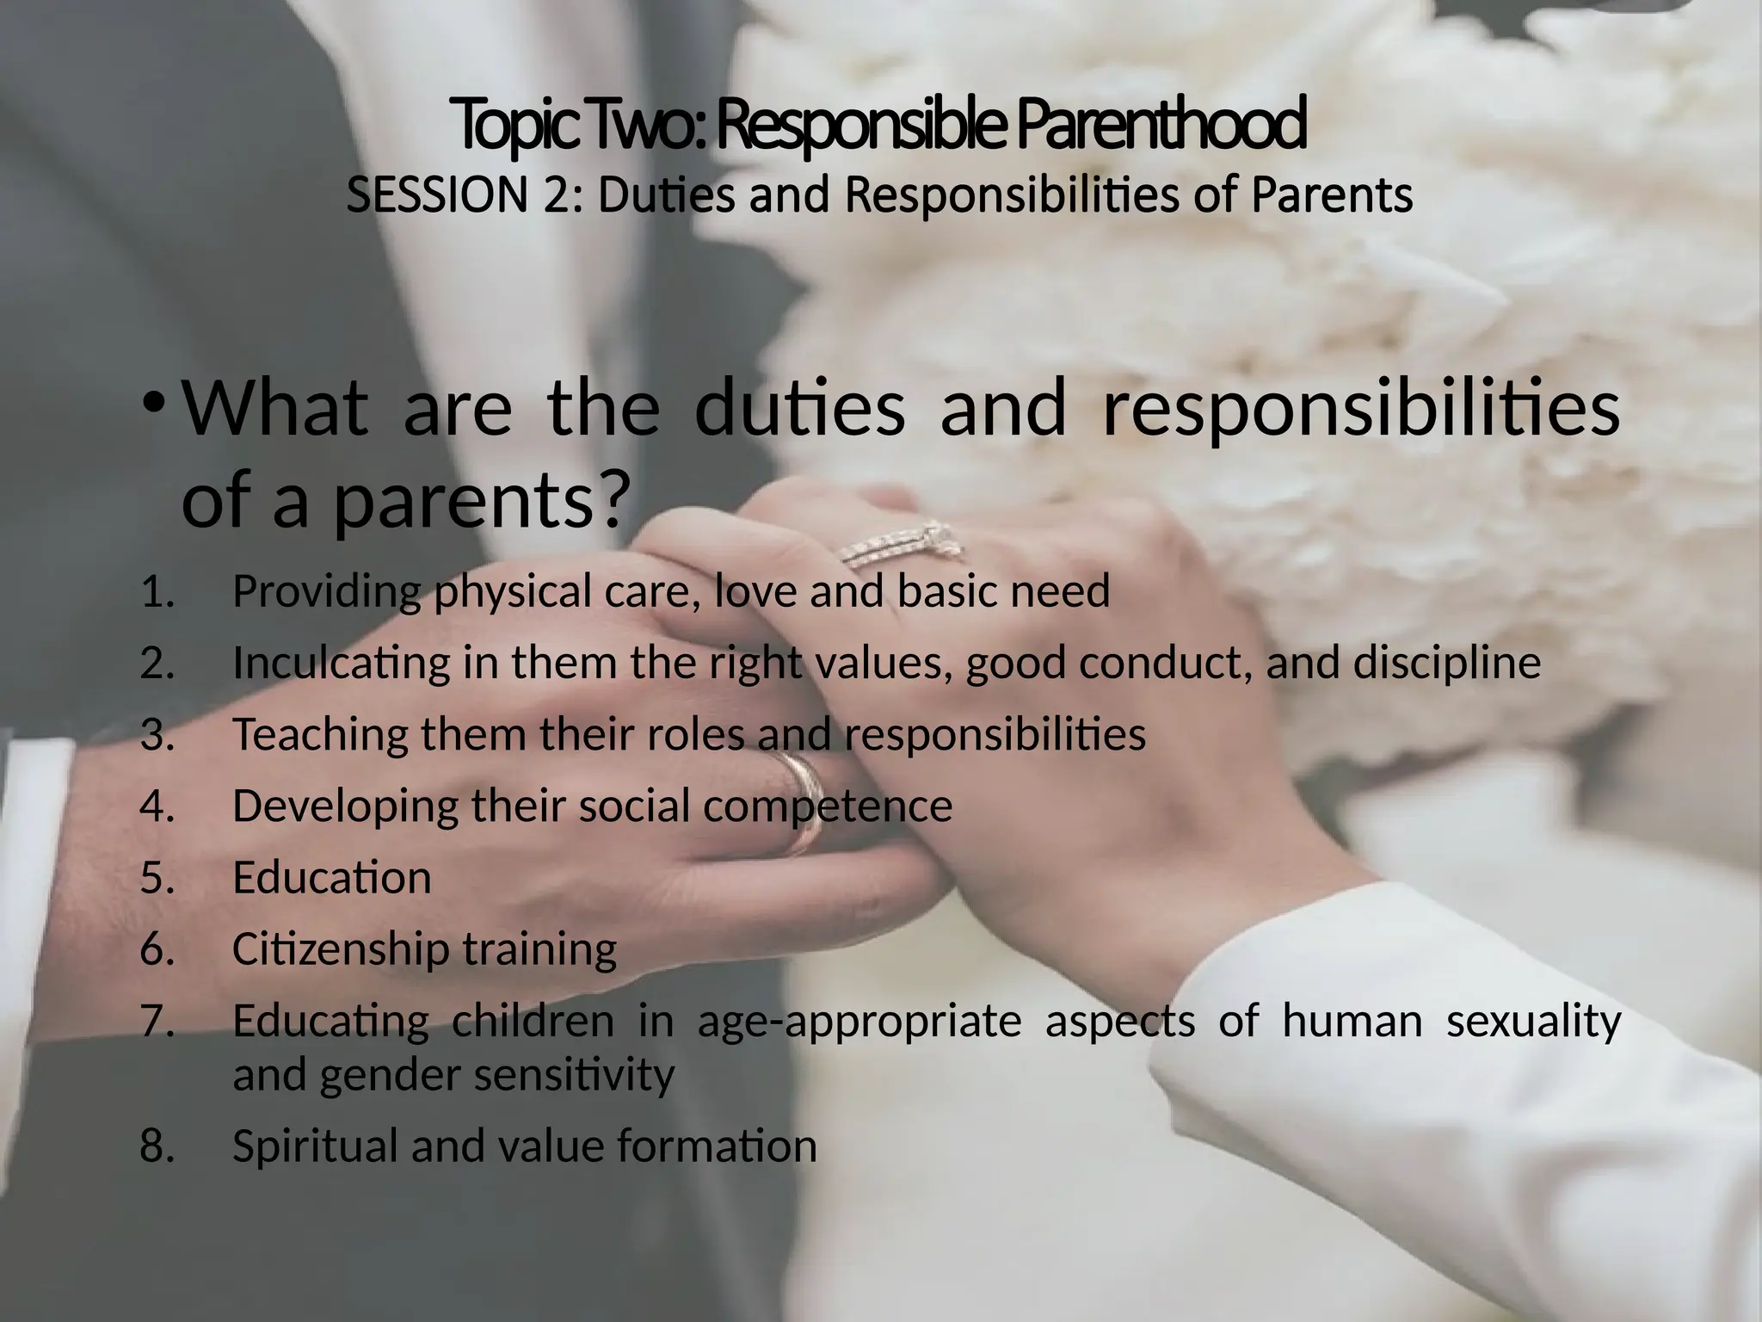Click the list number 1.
pos(157,592)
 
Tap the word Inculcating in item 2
pos(342,664)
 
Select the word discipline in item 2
pos(1446,664)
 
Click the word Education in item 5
pos(332,878)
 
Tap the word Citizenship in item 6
pos(342,949)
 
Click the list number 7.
pos(157,1022)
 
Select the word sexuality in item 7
pos(1533,1022)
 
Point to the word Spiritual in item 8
pos(315,1146)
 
